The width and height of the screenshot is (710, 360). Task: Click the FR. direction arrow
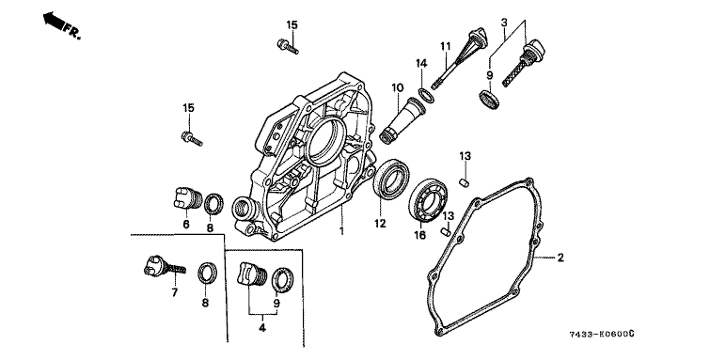pyautogui.click(x=53, y=21)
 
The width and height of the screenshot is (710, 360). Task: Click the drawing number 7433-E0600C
pyautogui.click(x=601, y=335)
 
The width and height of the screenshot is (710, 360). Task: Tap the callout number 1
pyautogui.click(x=341, y=232)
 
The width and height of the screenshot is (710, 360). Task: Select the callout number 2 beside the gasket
pyautogui.click(x=560, y=258)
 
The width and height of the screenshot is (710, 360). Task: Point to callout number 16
pyautogui.click(x=419, y=235)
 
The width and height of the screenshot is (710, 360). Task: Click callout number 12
pyautogui.click(x=380, y=223)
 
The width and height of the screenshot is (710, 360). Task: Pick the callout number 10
pyautogui.click(x=397, y=87)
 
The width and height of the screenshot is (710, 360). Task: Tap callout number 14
pyautogui.click(x=421, y=63)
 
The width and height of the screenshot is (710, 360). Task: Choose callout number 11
pyautogui.click(x=446, y=46)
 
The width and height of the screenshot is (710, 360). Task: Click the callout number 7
pyautogui.click(x=174, y=292)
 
